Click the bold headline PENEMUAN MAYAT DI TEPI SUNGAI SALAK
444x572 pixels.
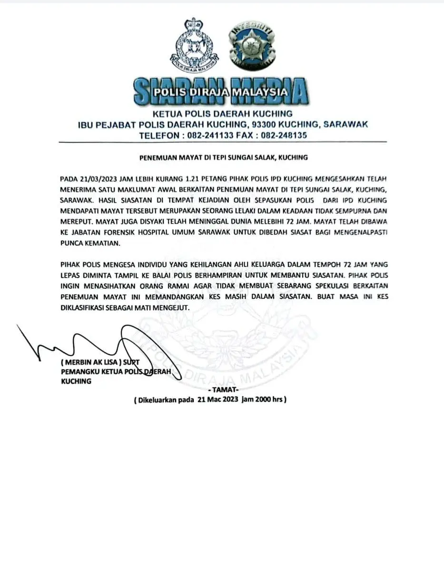coord(222,157)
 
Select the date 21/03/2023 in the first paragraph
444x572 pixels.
coord(92,179)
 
